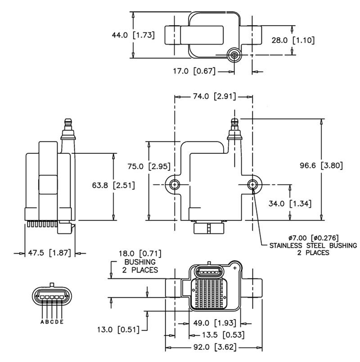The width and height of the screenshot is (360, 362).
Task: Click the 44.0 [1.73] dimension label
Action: [x=133, y=35]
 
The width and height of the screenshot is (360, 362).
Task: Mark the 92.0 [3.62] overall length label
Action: [x=214, y=347]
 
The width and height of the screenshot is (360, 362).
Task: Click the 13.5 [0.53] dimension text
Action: [x=216, y=335]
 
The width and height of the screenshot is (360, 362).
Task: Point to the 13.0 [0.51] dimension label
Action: [x=118, y=330]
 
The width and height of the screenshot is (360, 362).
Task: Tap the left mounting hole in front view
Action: [x=175, y=184]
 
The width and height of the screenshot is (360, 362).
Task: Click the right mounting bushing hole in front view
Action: [x=253, y=184]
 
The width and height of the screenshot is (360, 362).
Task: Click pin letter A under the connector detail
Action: [x=42, y=322]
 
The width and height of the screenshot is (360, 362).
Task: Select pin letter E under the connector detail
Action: [x=62, y=322]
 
